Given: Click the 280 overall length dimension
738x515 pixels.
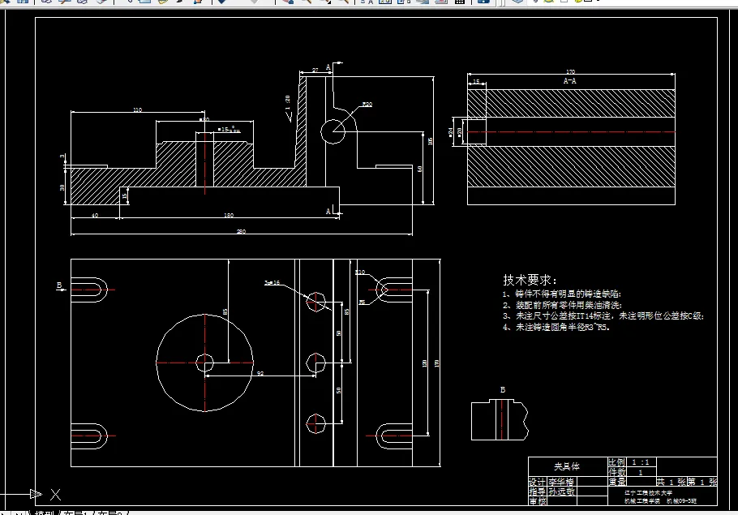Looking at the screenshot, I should pyautogui.click(x=241, y=231).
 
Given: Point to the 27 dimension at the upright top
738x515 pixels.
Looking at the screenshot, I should pyautogui.click(x=315, y=71).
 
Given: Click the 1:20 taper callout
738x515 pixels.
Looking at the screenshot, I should pyautogui.click(x=288, y=103).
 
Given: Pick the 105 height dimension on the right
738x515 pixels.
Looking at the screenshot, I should pyautogui.click(x=430, y=141).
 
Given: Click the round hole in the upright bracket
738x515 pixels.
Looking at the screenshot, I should pyautogui.click(x=333, y=131).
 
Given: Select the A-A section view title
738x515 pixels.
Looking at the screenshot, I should pyautogui.click(x=570, y=81).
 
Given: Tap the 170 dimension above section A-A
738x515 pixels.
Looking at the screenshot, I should pyautogui.click(x=570, y=71).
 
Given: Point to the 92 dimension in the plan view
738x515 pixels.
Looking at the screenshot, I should pyautogui.click(x=260, y=373).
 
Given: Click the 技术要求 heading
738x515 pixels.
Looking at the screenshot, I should pyautogui.click(x=530, y=279).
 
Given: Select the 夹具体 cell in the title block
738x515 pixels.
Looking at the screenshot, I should pyautogui.click(x=567, y=466).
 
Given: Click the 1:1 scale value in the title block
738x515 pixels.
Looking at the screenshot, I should pyautogui.click(x=640, y=461).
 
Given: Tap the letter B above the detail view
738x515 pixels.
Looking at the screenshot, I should pyautogui.click(x=502, y=390).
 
